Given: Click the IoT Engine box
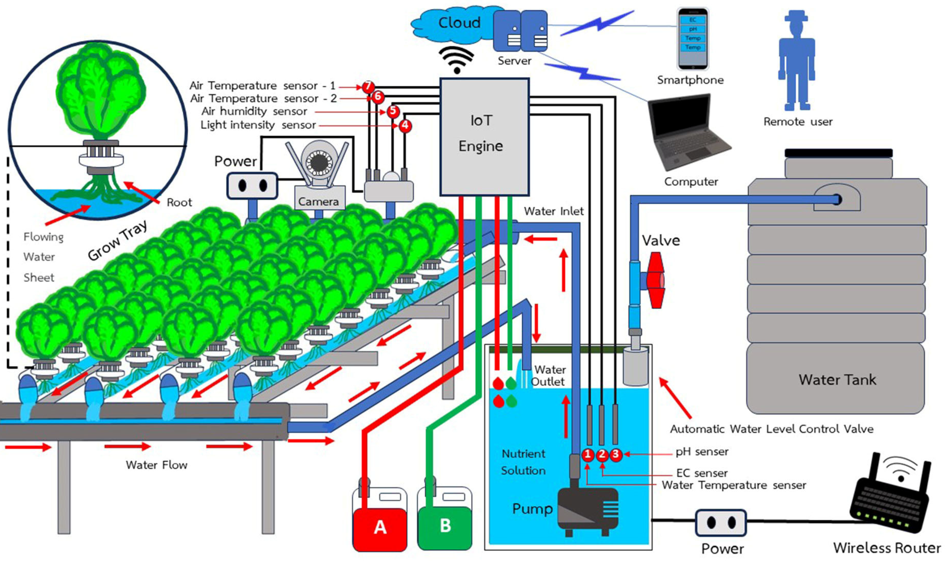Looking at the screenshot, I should pyautogui.click(x=484, y=136).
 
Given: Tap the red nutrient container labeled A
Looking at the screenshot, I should pyautogui.click(x=380, y=526).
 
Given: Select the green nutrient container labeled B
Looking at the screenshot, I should pyautogui.click(x=445, y=526).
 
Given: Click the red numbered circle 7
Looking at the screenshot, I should pyautogui.click(x=368, y=86).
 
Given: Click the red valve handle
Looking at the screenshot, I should pyautogui.click(x=656, y=280).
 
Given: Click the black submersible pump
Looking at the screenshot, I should pyautogui.click(x=588, y=510).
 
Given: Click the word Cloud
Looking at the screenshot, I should pyautogui.click(x=459, y=23).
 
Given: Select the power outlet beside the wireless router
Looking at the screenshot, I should pyautogui.click(x=721, y=523).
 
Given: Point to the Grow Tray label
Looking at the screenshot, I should pyautogui.click(x=117, y=241).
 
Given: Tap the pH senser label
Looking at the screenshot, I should pyautogui.click(x=702, y=452).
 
